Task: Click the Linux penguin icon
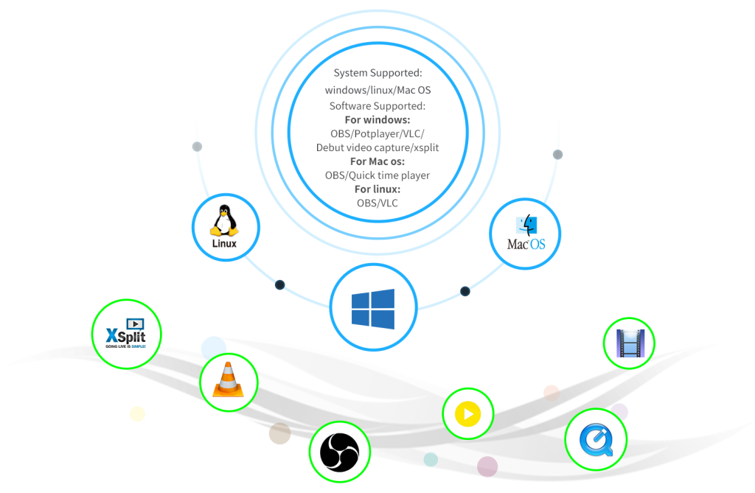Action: point(225,221)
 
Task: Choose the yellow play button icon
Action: point(467,414)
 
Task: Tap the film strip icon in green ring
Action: point(629,343)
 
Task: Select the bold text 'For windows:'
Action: point(377,119)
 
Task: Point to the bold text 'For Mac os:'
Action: point(377,161)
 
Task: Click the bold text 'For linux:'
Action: point(377,189)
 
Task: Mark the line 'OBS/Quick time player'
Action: point(377,175)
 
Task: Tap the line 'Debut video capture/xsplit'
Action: point(377,147)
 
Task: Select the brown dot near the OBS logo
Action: point(279,433)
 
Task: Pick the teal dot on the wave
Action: point(431,460)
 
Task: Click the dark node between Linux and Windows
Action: point(279,284)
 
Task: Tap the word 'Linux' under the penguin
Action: point(224,243)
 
